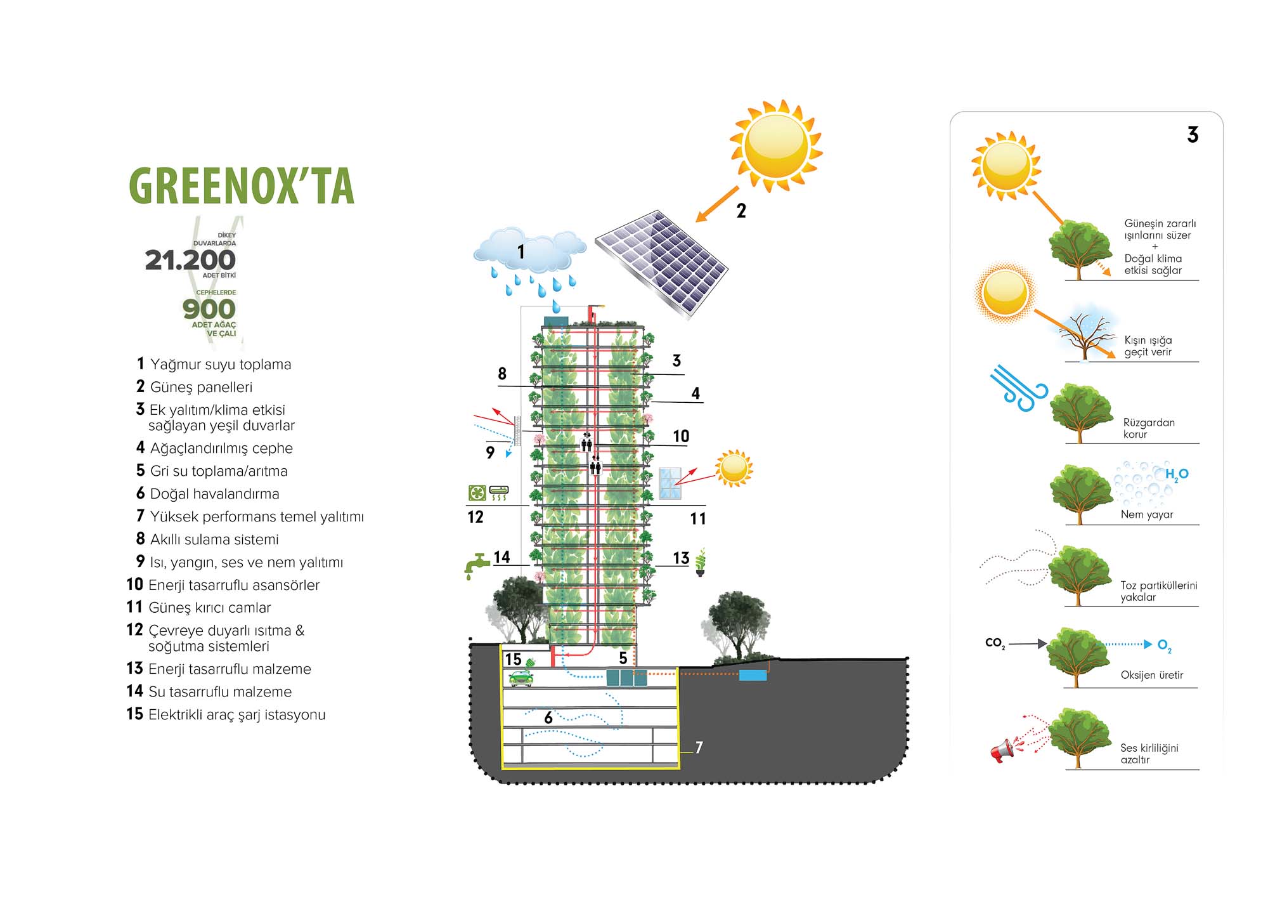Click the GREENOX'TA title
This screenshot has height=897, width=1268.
coord(242,186)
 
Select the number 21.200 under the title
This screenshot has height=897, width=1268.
coord(190,260)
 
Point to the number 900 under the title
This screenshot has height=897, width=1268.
coord(209,309)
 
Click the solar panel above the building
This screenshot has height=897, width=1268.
coord(661,263)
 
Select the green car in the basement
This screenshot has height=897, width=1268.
coord(521,679)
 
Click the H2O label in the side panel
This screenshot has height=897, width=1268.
coord(1176,475)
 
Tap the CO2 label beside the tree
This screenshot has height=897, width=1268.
coord(995,643)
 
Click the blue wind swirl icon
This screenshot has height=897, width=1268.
coord(1018,388)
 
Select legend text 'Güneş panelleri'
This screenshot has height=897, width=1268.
coord(201,387)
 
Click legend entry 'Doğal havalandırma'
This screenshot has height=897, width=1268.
coord(214,494)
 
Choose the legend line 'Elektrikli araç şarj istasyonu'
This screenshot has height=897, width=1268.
coord(236,715)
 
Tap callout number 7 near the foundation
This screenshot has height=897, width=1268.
coord(699,747)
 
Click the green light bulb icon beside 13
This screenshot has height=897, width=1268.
coord(701,562)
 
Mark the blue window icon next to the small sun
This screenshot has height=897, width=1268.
coord(670,483)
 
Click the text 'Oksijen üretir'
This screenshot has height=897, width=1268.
coord(1151,675)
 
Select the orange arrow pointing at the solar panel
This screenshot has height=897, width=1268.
coord(717,204)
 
